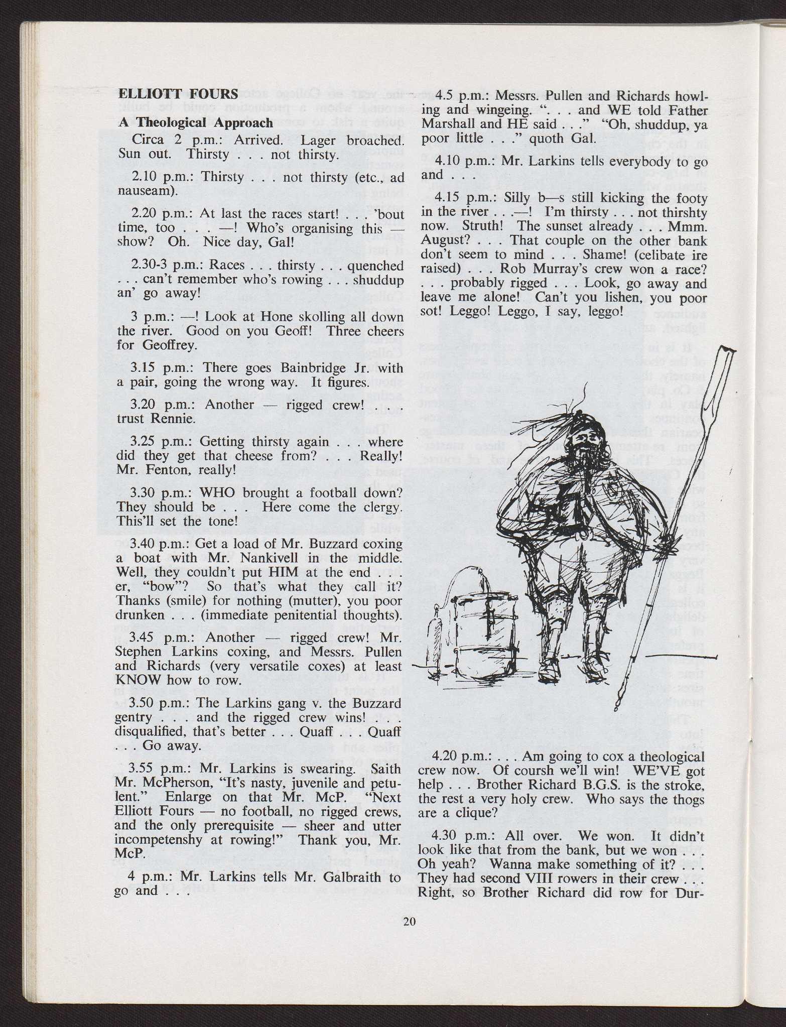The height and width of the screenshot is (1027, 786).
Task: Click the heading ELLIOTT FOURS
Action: pyautogui.click(x=178, y=94)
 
